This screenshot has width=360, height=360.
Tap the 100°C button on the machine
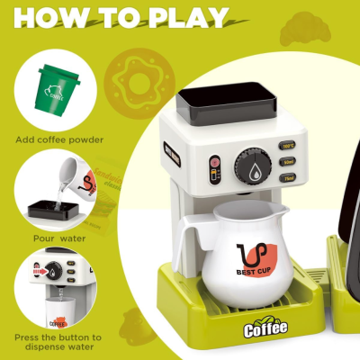(288, 144)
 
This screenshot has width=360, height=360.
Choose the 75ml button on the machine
(288, 179)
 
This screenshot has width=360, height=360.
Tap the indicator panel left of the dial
(214, 168)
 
